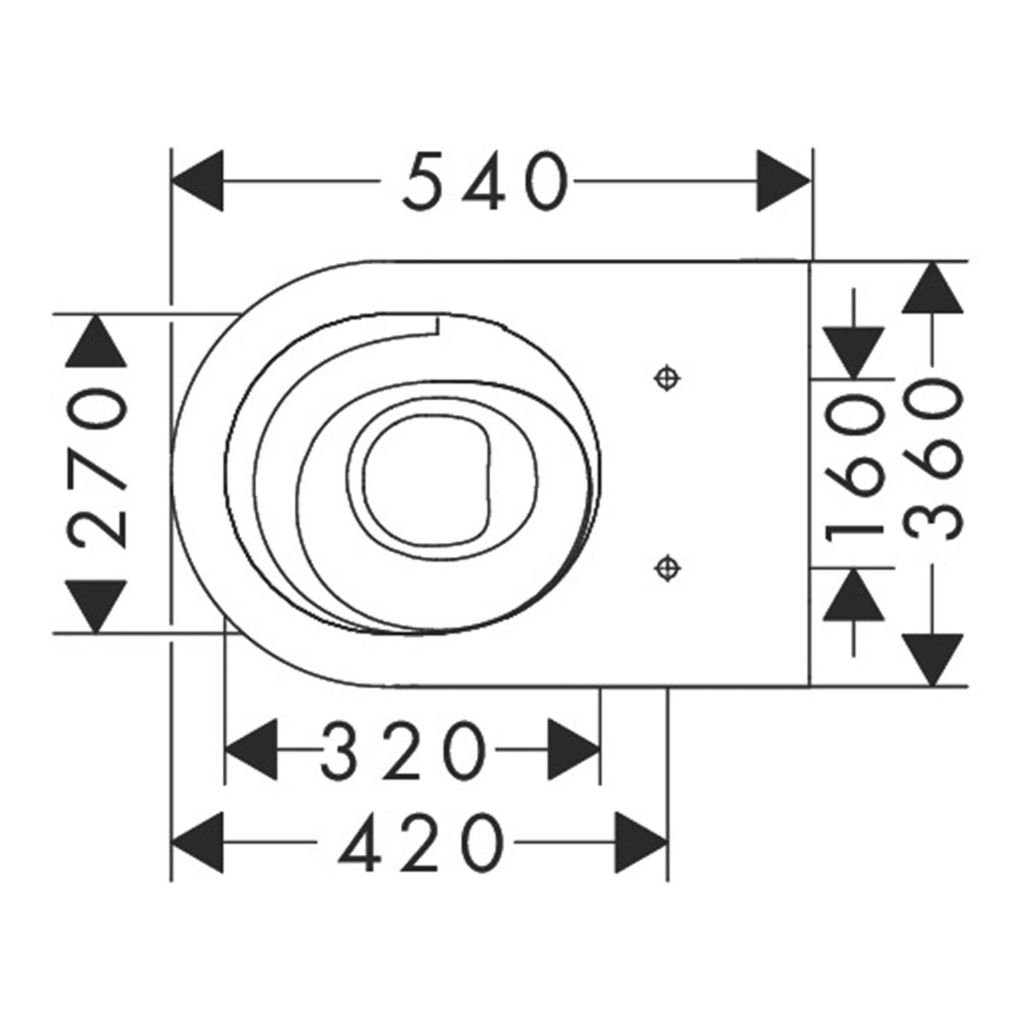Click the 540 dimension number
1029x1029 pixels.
point(484,180)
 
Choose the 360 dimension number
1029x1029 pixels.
point(934,462)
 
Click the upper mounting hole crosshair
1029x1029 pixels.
point(667,379)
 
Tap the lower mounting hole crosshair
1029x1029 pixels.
point(667,569)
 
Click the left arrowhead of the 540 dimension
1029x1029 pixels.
point(196,180)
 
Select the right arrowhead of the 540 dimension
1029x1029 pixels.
point(784,180)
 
